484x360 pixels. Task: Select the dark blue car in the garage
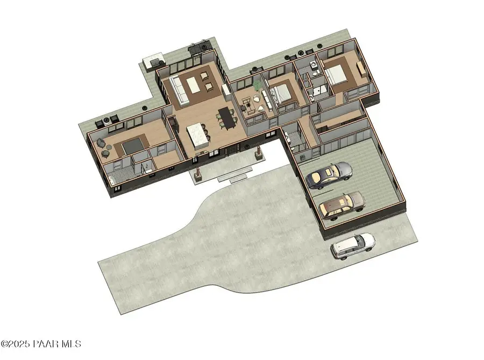329,175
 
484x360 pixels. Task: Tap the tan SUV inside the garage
342,204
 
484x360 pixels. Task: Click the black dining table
226,118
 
